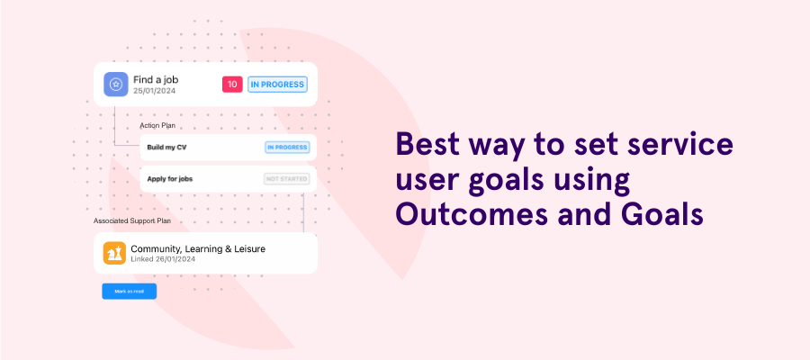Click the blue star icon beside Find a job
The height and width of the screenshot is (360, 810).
(116, 84)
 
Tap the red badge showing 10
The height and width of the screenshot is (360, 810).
(232, 85)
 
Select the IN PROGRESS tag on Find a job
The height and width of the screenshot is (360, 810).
(278, 85)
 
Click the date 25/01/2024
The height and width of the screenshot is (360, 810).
(156, 92)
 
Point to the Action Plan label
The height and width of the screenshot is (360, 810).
(157, 125)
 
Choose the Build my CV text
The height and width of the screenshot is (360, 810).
(166, 147)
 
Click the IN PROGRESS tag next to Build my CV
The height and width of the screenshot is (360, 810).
(287, 147)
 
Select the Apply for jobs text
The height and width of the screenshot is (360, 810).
(170, 179)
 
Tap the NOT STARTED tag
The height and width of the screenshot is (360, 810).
(286, 179)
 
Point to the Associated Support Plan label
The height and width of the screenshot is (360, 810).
(132, 220)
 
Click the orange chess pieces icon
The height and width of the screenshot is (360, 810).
(114, 253)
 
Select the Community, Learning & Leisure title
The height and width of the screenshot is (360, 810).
(198, 248)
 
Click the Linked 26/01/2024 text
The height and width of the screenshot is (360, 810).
(163, 259)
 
